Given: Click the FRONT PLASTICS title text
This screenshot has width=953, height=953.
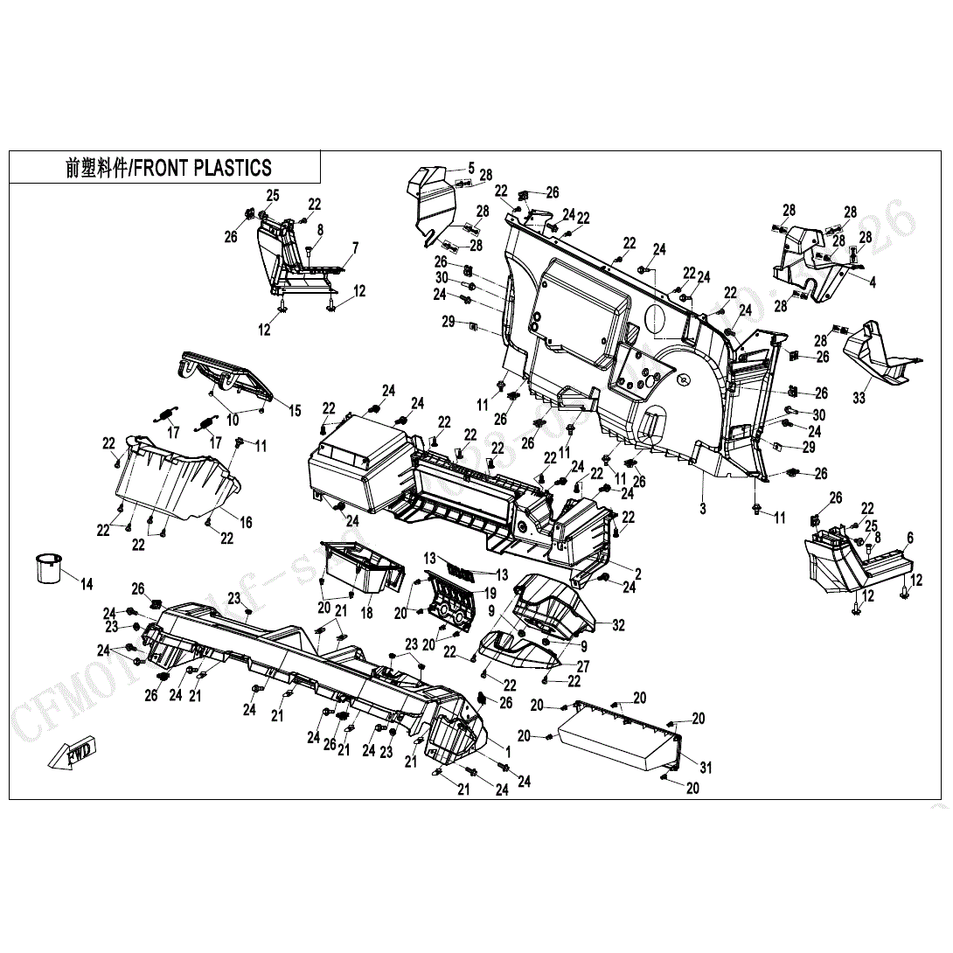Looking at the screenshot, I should tap(169, 168).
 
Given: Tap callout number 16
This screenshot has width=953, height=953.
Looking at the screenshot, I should tap(246, 523).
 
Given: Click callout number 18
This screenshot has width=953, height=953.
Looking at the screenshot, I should tap(366, 614).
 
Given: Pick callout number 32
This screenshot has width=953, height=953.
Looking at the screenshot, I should tap(619, 625).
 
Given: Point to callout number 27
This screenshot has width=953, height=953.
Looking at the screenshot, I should tap(582, 666).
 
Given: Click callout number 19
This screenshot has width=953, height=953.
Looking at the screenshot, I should tap(490, 593).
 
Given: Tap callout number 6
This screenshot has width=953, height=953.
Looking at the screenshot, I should tap(909, 537).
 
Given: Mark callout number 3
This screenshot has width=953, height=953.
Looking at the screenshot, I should tap(702, 507).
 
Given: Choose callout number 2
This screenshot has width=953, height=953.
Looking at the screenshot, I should tap(637, 574).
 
